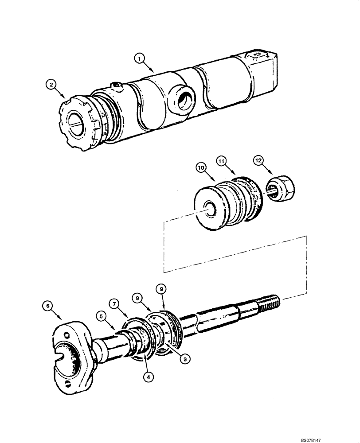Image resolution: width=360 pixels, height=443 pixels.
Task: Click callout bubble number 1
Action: point(140,58)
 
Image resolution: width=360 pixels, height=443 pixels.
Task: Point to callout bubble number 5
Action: point(102,317)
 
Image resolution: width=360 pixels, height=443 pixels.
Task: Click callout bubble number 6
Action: point(47,305)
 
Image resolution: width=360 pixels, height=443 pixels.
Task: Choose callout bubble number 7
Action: point(115,305)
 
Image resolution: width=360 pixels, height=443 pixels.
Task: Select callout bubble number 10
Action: point(202,168)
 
